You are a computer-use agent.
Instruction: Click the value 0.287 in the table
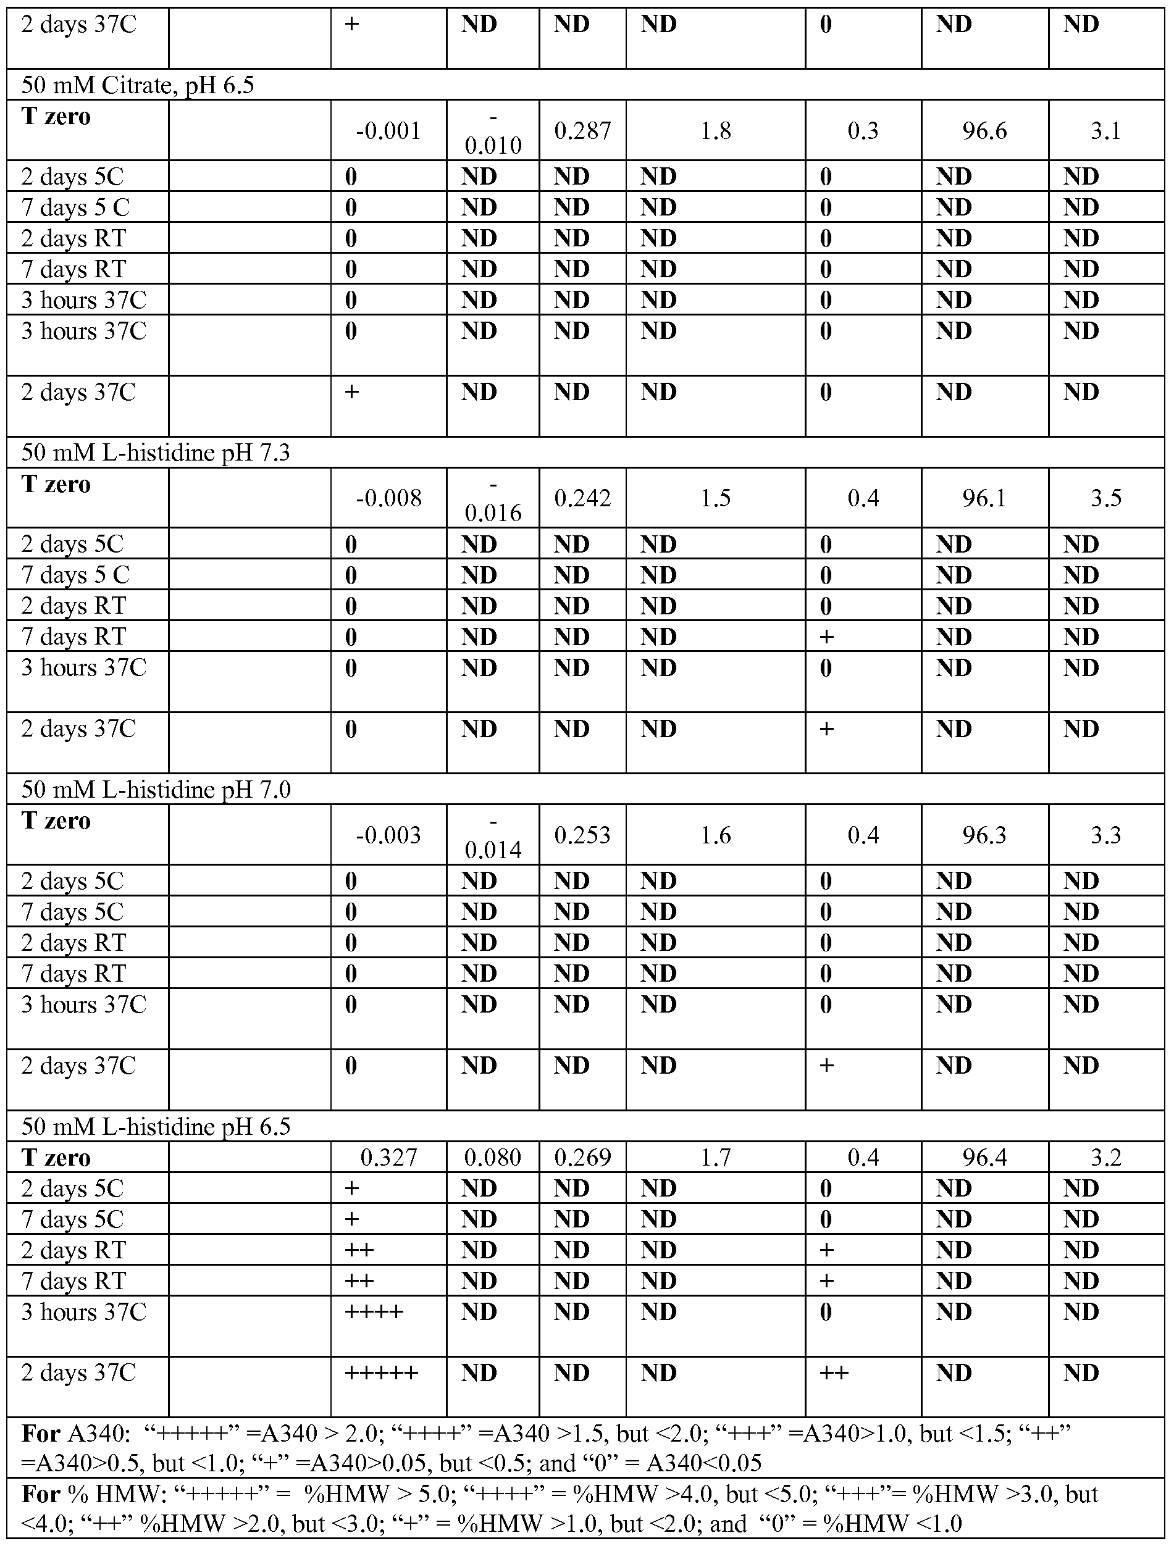click(x=582, y=131)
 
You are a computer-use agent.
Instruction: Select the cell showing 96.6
click(x=984, y=131)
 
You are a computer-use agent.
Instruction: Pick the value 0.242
click(x=582, y=498)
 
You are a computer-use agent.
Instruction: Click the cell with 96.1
click(x=984, y=498)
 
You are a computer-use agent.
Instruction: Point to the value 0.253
click(x=582, y=835)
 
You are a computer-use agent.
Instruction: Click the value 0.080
click(x=493, y=1158)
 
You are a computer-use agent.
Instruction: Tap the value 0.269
click(x=582, y=1158)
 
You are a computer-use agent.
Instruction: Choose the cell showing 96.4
click(x=984, y=1158)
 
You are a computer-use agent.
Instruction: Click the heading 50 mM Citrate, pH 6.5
click(x=138, y=85)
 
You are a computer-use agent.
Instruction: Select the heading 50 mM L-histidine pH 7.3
click(x=155, y=453)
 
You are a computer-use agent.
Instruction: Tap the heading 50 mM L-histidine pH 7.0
click(x=155, y=790)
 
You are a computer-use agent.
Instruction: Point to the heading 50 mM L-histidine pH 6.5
click(x=155, y=1127)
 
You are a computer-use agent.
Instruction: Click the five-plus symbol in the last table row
click(x=382, y=1373)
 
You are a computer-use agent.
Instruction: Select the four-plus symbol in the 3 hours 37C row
click(x=375, y=1311)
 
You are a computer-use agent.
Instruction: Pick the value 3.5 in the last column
click(x=1106, y=498)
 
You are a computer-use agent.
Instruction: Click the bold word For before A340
click(x=41, y=1434)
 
